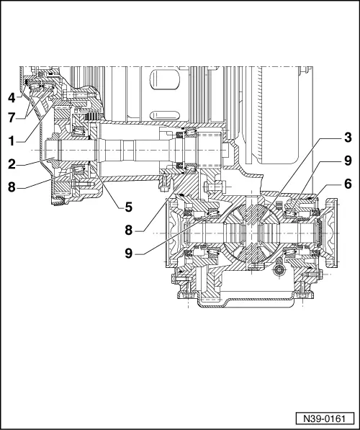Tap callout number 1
(12, 138)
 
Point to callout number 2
(12, 164)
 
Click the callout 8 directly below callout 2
(12, 185)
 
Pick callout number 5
(128, 207)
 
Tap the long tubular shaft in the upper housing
(137, 154)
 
